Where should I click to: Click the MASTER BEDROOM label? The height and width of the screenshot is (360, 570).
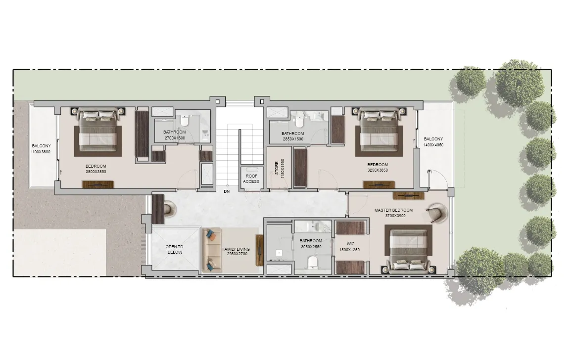click(393, 210)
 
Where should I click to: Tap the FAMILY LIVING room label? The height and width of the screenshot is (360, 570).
click(236, 249)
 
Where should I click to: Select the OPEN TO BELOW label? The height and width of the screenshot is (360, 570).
click(175, 250)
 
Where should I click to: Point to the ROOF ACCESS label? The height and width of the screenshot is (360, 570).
click(251, 179)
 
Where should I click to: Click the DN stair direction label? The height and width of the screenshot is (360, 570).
click(227, 191)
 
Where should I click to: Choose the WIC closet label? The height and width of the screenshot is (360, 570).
click(350, 244)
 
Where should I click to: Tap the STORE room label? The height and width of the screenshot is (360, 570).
click(277, 168)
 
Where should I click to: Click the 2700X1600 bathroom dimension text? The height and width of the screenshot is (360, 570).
click(175, 138)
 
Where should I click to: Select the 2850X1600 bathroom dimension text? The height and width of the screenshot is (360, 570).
click(292, 139)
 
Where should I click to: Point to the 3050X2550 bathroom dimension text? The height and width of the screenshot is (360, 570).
click(311, 247)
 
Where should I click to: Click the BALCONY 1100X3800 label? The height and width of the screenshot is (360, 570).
click(41, 149)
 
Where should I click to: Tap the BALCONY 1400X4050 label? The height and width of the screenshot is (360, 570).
click(433, 142)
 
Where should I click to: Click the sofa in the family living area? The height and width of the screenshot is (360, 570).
click(212, 250)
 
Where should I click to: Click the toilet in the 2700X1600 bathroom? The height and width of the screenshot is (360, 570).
click(184, 120)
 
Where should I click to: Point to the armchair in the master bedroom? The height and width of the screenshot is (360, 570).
click(436, 212)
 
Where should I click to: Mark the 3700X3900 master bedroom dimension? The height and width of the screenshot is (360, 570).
click(395, 216)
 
